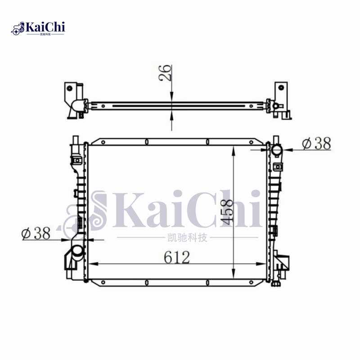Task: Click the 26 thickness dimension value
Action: coord(166,73)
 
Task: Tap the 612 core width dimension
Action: coord(176,257)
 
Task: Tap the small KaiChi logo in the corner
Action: coord(38,28)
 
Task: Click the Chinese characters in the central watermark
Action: coord(186,237)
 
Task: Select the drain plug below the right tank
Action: coord(276,283)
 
